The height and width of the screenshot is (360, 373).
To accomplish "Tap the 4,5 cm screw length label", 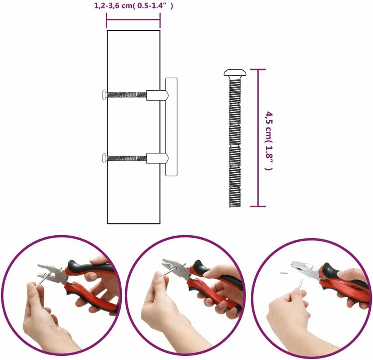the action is click(269, 140).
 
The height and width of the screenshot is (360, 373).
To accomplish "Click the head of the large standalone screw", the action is click(235, 73).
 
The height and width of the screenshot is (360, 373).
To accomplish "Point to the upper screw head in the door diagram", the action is click(104, 95).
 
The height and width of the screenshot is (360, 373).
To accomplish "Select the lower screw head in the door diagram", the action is click(104, 158).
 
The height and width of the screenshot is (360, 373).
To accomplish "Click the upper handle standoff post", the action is click(157, 95).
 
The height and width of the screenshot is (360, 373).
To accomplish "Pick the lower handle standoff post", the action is click(157, 158).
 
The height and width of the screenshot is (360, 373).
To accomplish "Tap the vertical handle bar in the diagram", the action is click(171, 127).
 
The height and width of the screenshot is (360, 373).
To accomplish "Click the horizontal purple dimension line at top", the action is click(133, 20).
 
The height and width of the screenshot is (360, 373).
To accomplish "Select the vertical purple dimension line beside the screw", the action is click(258, 138).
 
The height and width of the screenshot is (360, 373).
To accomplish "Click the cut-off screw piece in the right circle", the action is click(283, 272).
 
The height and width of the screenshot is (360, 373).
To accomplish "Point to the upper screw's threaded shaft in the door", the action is click(126, 95).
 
